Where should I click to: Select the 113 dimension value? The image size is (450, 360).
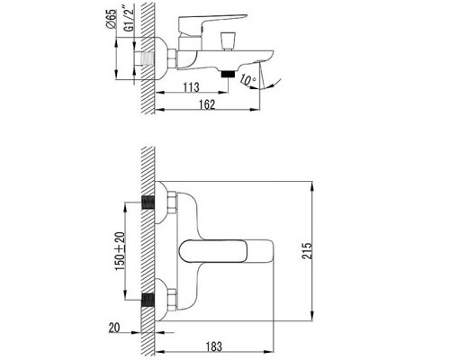point(192,87)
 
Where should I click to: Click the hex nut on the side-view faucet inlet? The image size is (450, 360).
point(164,57)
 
